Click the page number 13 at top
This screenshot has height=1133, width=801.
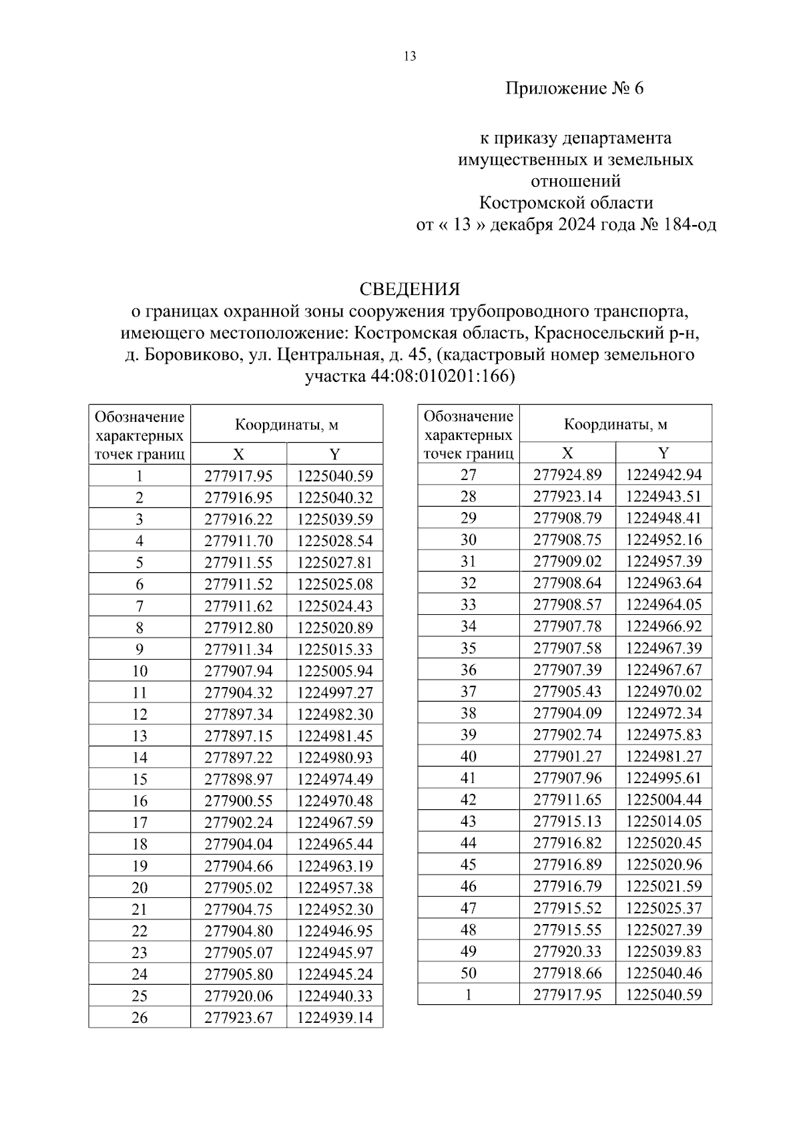410,57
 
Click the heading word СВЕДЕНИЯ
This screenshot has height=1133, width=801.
410,289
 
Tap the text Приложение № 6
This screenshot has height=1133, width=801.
574,89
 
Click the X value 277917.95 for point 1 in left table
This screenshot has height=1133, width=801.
238,476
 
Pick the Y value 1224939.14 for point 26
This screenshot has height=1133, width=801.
334,1017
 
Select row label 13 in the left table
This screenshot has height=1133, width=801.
140,736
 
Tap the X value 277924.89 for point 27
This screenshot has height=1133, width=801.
567,475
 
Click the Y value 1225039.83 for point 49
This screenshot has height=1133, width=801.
663,951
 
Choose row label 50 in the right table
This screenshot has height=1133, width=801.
469,973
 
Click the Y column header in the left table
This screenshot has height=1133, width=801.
334,455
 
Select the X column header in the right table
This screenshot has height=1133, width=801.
567,453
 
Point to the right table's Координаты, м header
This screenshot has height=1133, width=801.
615,424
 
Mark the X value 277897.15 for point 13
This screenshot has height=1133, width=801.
238,736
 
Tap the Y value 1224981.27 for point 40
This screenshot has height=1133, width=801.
663,756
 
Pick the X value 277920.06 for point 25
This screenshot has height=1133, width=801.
238,995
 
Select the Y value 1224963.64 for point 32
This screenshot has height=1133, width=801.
663,583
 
